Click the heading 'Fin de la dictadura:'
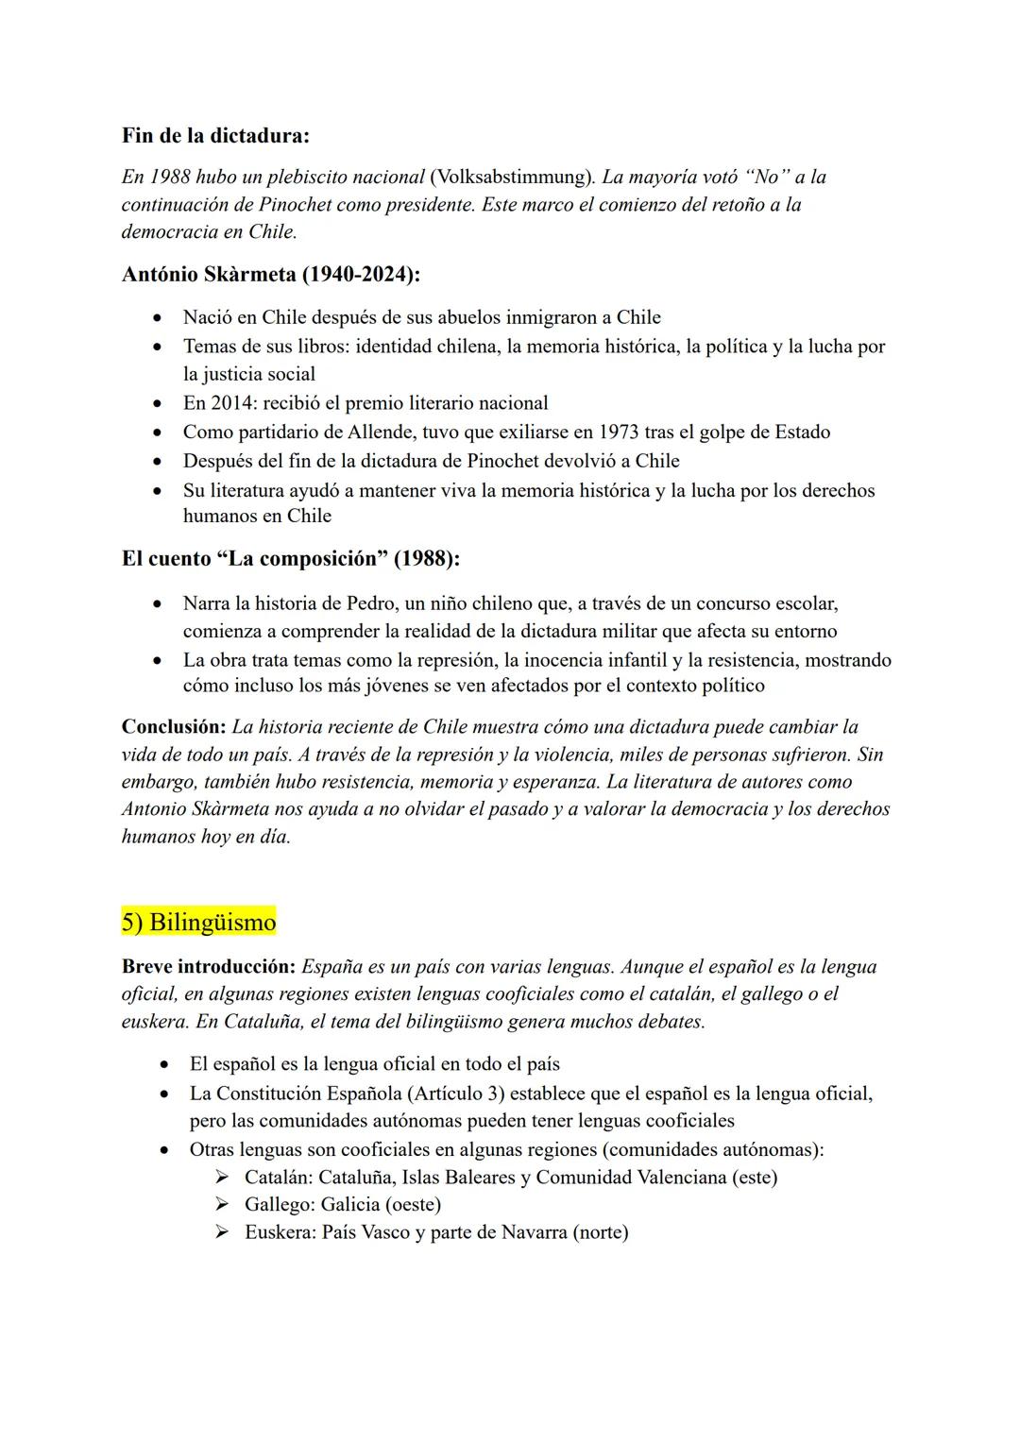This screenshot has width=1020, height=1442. [215, 135]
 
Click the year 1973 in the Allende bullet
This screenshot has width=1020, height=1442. [612, 433]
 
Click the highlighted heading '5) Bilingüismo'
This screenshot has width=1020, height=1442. [198, 922]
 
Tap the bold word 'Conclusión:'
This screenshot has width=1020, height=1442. [174, 727]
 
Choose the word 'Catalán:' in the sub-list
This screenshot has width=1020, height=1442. [278, 1178]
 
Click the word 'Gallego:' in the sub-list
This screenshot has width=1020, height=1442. [280, 1205]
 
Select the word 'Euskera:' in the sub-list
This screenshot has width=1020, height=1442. [280, 1232]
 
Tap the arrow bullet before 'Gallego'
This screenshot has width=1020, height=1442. [222, 1205]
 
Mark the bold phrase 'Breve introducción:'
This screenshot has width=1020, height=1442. [209, 967]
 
